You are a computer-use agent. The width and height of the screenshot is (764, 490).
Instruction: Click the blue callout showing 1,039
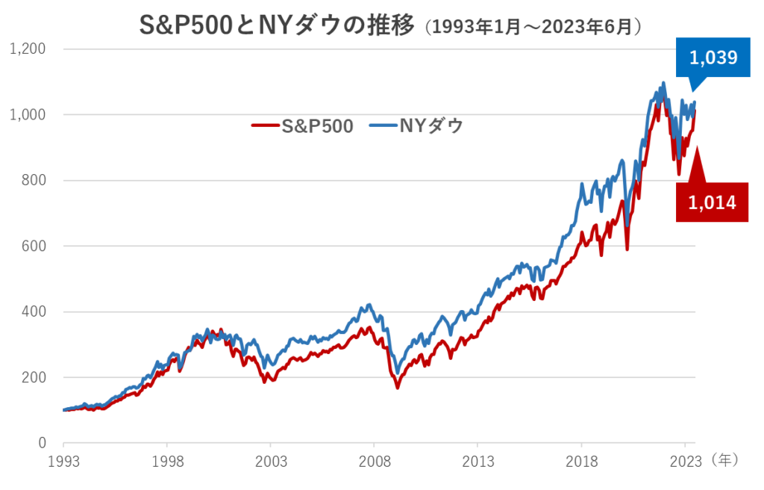tap(713, 58)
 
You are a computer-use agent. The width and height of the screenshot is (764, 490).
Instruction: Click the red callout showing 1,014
tap(713, 202)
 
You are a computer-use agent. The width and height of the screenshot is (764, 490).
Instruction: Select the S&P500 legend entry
tap(303, 126)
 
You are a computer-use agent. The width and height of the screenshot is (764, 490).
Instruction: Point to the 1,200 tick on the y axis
tap(28, 49)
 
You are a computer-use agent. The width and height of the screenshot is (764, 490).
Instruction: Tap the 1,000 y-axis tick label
tap(28, 115)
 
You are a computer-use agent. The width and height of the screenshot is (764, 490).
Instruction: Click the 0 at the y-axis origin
tap(42, 443)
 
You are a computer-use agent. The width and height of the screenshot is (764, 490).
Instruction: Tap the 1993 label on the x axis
tap(63, 461)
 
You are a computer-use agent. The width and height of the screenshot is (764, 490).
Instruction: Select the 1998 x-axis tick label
tap(167, 461)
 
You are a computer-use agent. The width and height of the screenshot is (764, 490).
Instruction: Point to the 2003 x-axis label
tap(271, 461)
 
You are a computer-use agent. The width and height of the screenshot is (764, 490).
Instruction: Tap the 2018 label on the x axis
tap(582, 461)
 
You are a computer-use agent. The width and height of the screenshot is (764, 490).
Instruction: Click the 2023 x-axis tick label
tap(686, 461)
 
